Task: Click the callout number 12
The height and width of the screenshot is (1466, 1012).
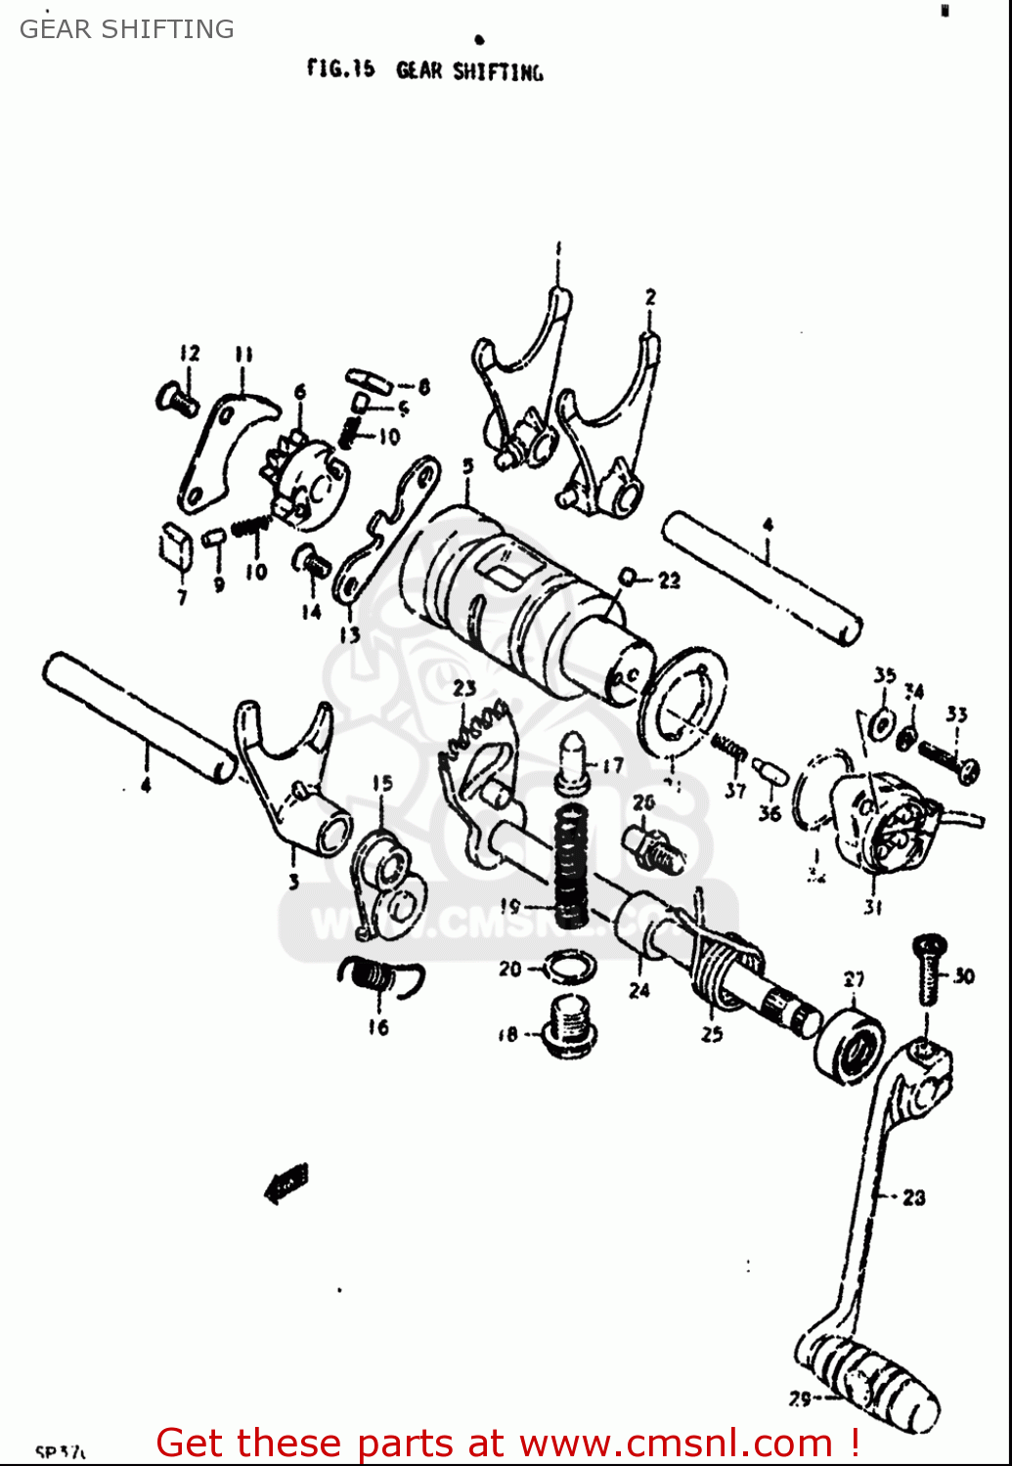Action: (189, 353)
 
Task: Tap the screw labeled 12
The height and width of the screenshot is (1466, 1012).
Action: (176, 399)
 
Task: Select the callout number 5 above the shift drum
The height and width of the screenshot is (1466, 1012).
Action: (467, 467)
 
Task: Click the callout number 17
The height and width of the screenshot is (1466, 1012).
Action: (612, 765)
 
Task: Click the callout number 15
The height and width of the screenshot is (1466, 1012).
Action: (382, 783)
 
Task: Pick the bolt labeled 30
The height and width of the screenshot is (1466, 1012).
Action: (928, 969)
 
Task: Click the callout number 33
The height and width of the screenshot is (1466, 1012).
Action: (955, 714)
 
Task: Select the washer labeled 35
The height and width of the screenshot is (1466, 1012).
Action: (881, 724)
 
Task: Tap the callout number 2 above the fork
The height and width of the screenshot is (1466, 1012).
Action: (650, 296)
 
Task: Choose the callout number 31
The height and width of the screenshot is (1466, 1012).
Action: (873, 907)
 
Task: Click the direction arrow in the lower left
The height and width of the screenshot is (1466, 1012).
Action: (286, 1184)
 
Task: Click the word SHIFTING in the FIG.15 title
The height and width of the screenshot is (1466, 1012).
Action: (498, 71)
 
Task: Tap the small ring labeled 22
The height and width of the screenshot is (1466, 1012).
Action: (628, 579)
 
